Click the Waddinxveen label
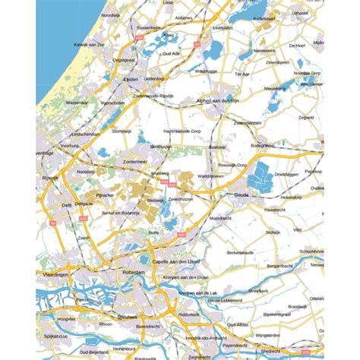pyautogui.click(x=210, y=176)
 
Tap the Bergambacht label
pyautogui.click(x=280, y=266)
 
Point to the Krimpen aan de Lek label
pyautogui.click(x=200, y=292)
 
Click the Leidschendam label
pyautogui.click(x=83, y=134)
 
